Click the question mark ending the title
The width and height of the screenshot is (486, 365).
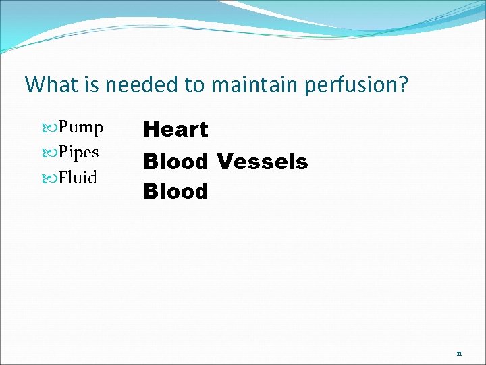tap(403, 85)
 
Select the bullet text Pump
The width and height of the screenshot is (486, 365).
tap(80, 128)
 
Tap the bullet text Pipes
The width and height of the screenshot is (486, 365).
tap(78, 153)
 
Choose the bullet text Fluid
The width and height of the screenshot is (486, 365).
tap(78, 178)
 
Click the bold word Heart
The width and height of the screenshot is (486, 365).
tap(175, 128)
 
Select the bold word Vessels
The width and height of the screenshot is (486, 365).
tap(262, 162)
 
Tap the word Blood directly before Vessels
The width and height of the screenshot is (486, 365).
tap(175, 162)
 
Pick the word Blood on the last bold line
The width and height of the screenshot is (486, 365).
tap(175, 191)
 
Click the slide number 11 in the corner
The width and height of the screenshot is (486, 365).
tap(460, 353)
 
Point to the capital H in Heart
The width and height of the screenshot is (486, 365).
tap(150, 128)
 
